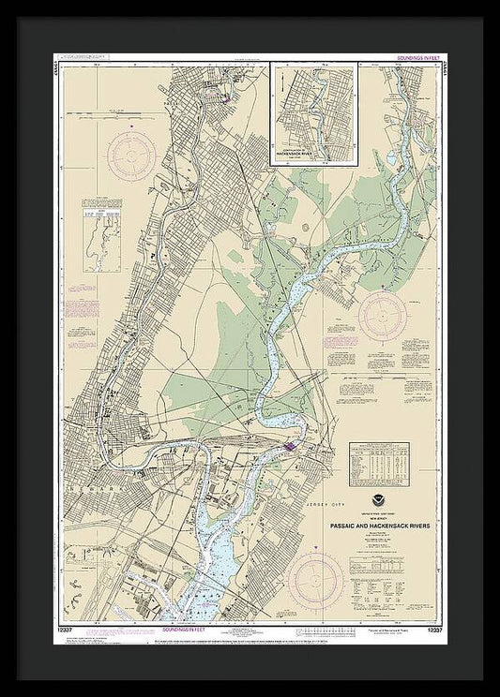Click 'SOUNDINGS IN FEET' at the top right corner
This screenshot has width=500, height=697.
[413, 66]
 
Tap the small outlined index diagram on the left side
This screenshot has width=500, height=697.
[102, 240]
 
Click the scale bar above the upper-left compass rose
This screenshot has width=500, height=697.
[117, 111]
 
